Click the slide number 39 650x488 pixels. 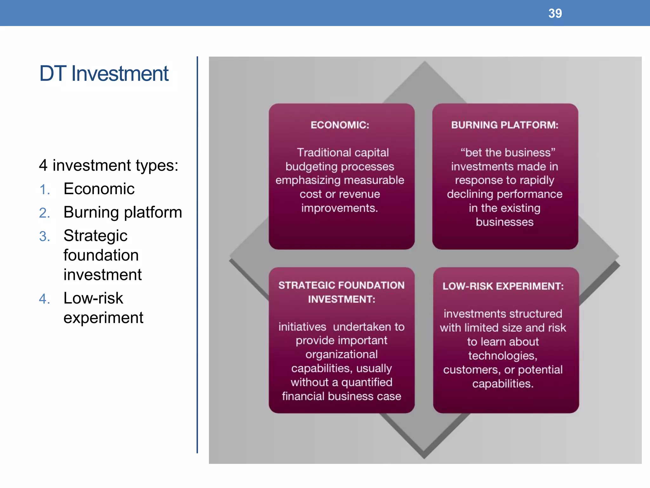[555, 13]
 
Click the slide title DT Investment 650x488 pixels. [104, 73]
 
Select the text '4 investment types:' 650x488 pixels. [109, 165]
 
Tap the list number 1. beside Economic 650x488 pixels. [45, 190]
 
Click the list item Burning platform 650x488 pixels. [123, 212]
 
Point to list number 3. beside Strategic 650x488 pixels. [45, 237]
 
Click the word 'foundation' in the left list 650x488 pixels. [101, 255]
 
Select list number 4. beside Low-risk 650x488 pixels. [45, 299]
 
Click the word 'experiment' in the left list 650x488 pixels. [103, 317]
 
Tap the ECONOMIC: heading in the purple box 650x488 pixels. [340, 125]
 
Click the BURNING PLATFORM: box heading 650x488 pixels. [505, 125]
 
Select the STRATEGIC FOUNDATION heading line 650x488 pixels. [342, 285]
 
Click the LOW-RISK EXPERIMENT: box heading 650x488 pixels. [503, 286]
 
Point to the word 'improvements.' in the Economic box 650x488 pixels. [340, 208]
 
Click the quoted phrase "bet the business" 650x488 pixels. [508, 152]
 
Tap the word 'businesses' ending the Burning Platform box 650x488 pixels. [505, 222]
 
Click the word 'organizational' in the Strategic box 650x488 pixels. [342, 354]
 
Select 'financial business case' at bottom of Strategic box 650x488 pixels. [342, 396]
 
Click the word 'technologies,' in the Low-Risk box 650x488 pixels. [503, 356]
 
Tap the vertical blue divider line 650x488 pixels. [197, 254]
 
